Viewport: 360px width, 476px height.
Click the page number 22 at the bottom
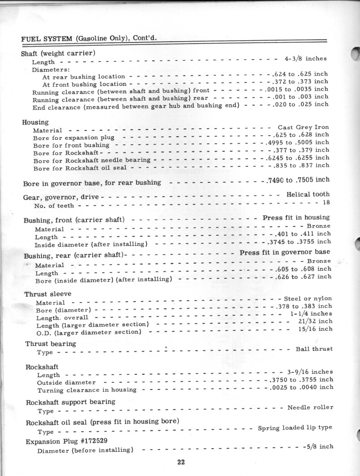coord(180,463)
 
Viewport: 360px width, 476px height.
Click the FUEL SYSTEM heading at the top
coord(89,38)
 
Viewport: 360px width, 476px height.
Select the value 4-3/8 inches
coord(305,58)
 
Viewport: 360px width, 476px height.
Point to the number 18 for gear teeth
coord(326,202)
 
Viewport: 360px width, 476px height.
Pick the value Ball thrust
coord(314,349)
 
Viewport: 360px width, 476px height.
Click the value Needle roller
coord(310,407)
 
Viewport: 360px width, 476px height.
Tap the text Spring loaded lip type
coord(295,428)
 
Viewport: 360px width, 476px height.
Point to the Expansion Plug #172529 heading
coord(66,441)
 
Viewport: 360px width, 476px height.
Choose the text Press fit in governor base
coord(285,252)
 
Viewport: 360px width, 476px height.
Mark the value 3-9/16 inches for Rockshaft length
coord(309,372)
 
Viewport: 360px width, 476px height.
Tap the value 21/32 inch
coord(315,321)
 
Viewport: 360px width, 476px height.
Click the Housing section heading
coord(35,122)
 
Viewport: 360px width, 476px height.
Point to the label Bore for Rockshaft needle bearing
coord(92,160)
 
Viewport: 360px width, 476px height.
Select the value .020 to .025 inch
coord(301,104)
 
